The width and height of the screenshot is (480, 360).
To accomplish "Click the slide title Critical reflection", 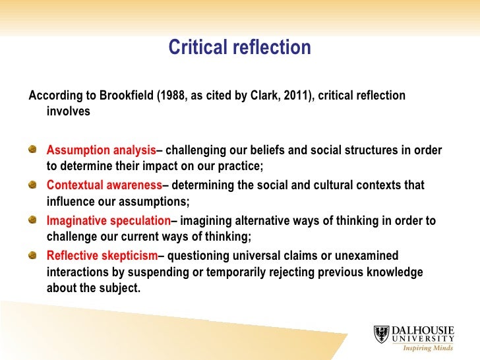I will (239, 47).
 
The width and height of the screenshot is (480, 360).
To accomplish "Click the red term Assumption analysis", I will (102, 150).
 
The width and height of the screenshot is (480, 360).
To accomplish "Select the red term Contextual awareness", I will (104, 185).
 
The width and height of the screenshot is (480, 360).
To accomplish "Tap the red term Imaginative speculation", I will (109, 221).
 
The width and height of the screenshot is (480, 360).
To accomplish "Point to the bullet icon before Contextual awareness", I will (34, 185).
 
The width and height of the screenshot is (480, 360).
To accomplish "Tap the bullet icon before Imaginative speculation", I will (34, 220).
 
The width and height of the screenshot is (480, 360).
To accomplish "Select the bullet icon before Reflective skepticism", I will (34, 256).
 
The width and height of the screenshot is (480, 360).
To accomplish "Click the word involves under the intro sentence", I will (69, 111).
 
